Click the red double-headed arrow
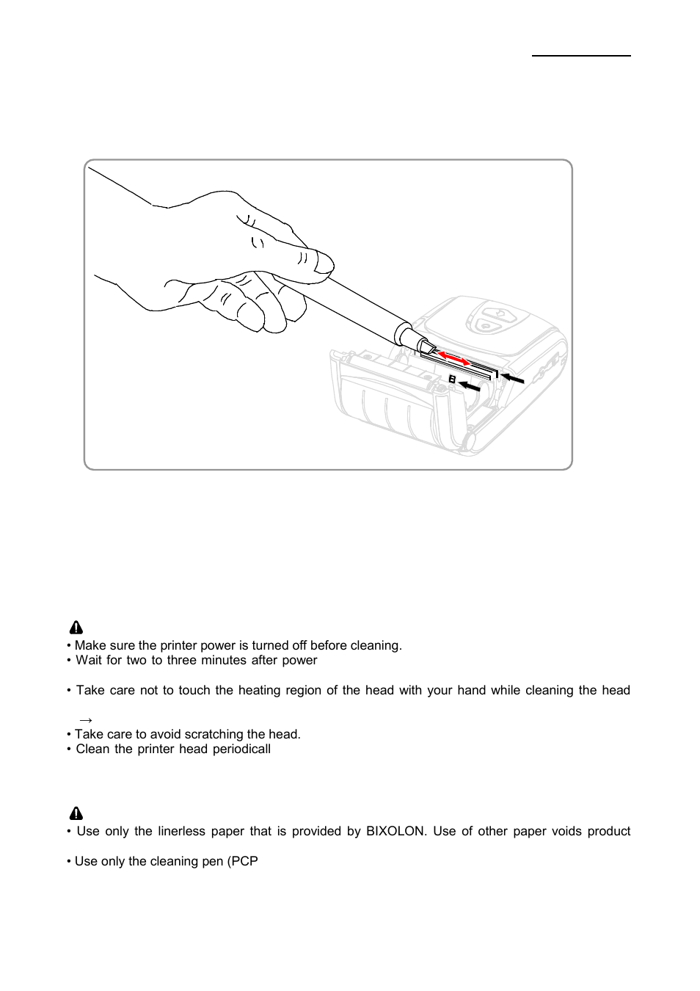[x=454, y=359]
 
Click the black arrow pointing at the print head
[x=512, y=378]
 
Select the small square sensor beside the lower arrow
[x=452, y=380]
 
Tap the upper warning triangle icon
[x=76, y=628]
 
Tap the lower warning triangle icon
[x=76, y=813]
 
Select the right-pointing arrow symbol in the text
[x=85, y=720]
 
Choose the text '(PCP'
[x=242, y=861]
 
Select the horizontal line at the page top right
[x=581, y=55]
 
